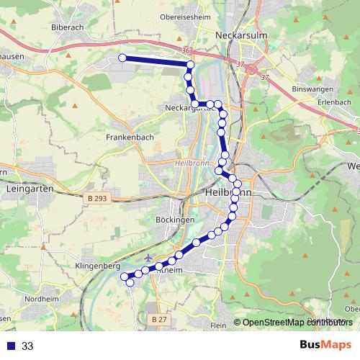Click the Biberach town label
(68, 27)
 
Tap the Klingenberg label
(97, 266)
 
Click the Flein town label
(218, 325)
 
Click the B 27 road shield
(159, 318)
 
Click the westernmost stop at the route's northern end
(122, 58)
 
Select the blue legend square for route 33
(11, 346)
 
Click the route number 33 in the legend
(27, 346)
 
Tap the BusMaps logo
(325, 345)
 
